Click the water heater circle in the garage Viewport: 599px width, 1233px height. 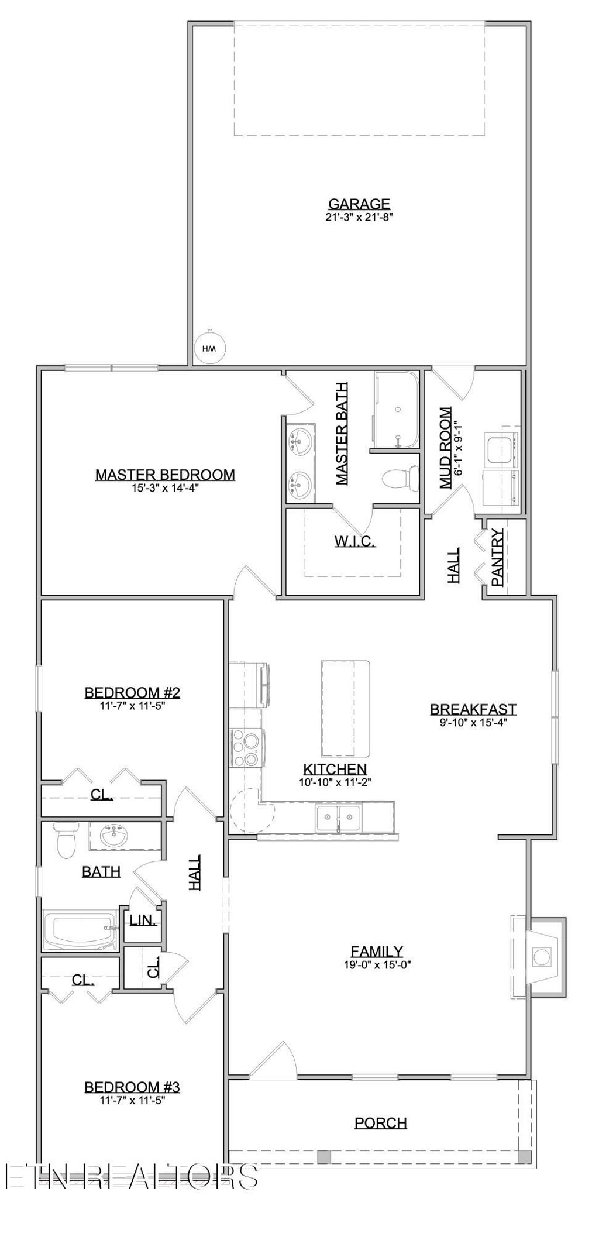tap(209, 349)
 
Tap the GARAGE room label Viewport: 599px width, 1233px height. tap(359, 204)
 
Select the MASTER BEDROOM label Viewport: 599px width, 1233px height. tap(165, 475)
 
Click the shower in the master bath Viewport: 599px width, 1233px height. tap(397, 411)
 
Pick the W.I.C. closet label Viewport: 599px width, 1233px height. tap(355, 541)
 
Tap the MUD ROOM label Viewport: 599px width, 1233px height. tap(446, 448)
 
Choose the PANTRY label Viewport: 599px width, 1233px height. tap(498, 557)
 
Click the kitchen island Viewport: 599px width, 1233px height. tap(345, 708)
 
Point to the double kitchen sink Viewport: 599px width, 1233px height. tap(338, 818)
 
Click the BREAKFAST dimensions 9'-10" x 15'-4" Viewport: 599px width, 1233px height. tap(473, 722)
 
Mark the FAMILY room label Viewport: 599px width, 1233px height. tap(377, 952)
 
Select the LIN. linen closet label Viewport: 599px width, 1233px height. tap(143, 920)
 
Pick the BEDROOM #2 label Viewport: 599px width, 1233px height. tap(132, 693)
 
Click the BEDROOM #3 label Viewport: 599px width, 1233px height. tap(132, 1087)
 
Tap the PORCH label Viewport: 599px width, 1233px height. tap(381, 1123)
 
